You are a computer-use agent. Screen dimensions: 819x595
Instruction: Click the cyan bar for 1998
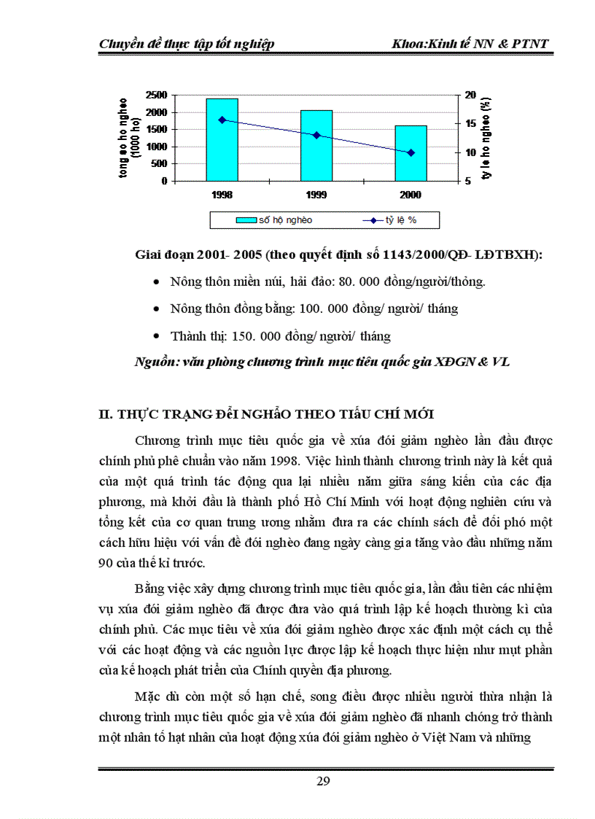pyautogui.click(x=222, y=139)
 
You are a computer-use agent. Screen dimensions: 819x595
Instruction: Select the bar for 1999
pyautogui.click(x=316, y=145)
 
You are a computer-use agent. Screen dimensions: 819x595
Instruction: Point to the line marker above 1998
pyautogui.click(x=222, y=120)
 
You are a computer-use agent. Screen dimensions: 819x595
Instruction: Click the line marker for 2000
pyautogui.click(x=411, y=152)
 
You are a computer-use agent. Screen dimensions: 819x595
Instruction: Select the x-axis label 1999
pyautogui.click(x=316, y=195)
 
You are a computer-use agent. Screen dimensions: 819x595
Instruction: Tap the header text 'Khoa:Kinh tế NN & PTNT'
pyautogui.click(x=469, y=44)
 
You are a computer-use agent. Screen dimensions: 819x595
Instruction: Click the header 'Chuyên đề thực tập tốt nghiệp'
pyautogui.click(x=187, y=44)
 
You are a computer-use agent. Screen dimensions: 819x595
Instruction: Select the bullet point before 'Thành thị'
pyautogui.click(x=157, y=336)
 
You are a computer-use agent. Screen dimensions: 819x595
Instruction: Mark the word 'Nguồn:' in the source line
pyautogui.click(x=157, y=362)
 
